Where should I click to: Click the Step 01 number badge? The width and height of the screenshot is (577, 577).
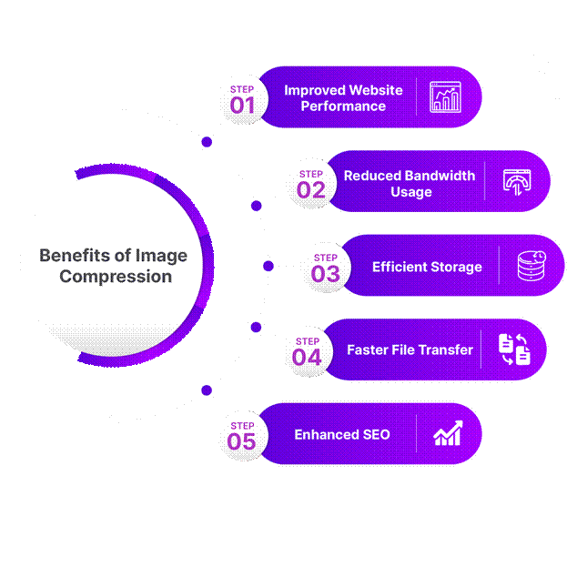point(242,97)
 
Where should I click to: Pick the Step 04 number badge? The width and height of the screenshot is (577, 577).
point(307,349)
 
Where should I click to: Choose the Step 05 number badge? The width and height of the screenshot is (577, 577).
point(242,434)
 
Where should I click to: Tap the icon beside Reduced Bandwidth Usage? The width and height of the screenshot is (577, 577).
point(516,181)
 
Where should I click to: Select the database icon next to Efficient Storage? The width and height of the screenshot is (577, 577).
point(531,266)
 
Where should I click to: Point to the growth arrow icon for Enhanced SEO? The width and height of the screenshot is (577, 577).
point(447,434)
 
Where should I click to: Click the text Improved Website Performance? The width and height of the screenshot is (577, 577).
point(343,98)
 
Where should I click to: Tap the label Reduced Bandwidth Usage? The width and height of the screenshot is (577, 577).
point(410,183)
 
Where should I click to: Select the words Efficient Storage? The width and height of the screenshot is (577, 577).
point(427,268)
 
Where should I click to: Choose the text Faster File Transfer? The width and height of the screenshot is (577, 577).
point(410,350)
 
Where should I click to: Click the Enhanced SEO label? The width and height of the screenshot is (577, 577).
point(341,435)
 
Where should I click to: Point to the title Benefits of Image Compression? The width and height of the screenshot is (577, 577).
point(114,266)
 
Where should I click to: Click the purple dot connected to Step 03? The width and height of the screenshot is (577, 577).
point(268,266)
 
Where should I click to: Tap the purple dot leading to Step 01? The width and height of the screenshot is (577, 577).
point(207,142)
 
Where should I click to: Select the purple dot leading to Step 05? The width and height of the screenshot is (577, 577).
point(207,390)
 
